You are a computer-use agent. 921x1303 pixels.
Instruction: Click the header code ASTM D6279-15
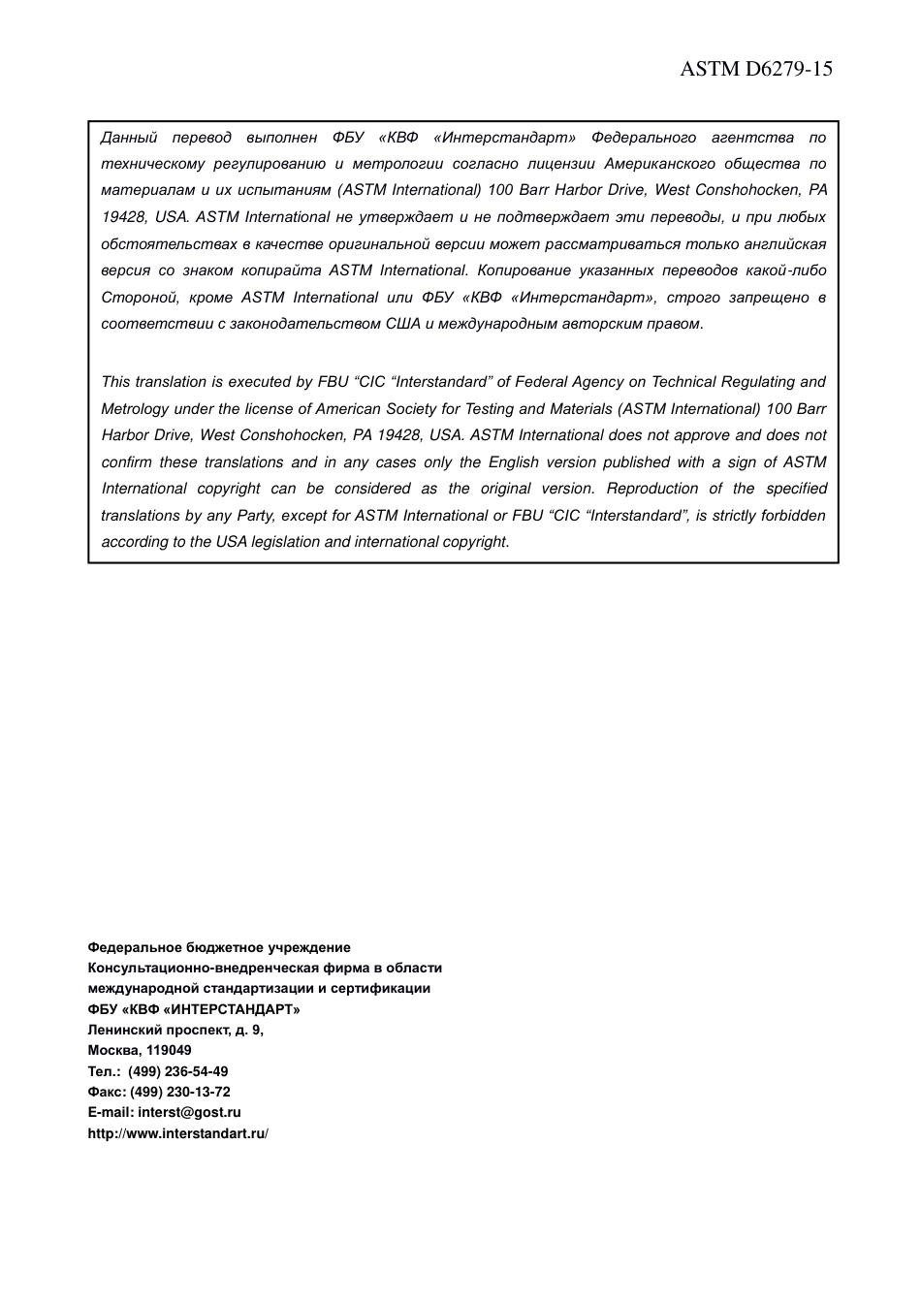pos(755,69)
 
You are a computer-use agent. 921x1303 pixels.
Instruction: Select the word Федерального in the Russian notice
pos(644,138)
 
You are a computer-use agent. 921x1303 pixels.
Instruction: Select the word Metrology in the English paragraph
pos(135,409)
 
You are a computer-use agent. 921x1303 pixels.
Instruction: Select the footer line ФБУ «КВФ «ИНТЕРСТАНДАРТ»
pos(194,1009)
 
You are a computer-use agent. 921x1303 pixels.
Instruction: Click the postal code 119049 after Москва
pos(169,1050)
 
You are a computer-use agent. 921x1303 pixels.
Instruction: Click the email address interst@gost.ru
pos(189,1113)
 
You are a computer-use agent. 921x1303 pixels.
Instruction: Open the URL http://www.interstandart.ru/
pos(177,1133)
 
